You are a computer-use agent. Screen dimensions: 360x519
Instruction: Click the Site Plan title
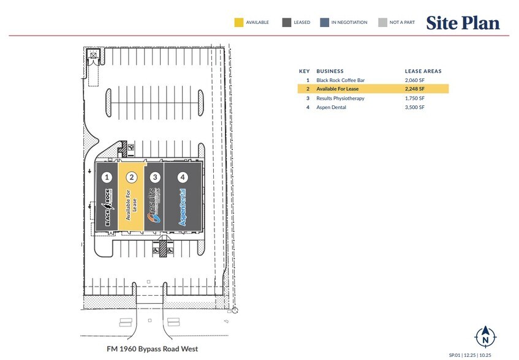pos(463,23)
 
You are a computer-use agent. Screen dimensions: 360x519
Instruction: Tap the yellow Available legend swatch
pos(238,23)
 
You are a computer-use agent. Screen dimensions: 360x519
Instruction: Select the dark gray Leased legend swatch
pos(286,23)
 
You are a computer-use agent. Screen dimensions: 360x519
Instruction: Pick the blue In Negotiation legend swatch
pos(324,23)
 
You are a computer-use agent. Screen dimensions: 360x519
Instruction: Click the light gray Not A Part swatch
pos(382,23)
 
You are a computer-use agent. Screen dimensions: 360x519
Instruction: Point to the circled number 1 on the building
pos(107,178)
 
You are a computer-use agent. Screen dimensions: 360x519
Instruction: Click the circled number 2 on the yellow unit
pos(131,178)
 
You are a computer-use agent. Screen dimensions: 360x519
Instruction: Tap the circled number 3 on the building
pos(156,178)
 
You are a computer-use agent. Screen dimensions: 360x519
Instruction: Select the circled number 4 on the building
pos(182,178)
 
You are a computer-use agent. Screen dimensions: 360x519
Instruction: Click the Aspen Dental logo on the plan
pos(183,208)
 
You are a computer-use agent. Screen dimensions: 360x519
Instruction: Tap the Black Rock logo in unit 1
pos(108,209)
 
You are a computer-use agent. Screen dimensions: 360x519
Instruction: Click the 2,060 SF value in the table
pos(415,80)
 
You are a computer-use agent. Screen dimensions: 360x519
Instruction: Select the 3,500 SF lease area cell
pos(415,107)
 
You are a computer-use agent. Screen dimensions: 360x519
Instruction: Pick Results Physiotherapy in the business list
pos(340,98)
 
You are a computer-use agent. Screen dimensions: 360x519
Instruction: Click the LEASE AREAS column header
pos(423,71)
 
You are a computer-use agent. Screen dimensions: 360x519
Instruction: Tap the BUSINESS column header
pos(330,71)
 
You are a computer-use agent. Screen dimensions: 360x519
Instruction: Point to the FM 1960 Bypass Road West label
pos(150,349)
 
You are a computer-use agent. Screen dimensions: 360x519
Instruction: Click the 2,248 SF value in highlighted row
pos(415,89)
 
